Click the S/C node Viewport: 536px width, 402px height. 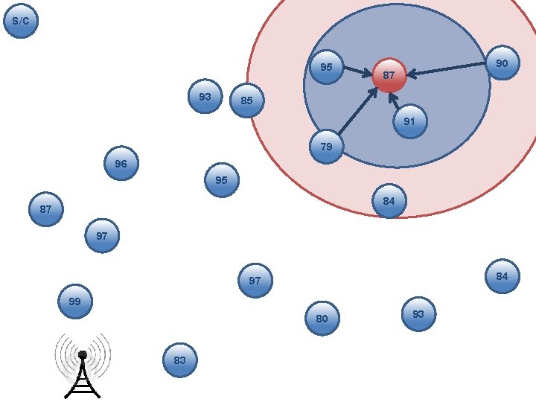tap(21, 21)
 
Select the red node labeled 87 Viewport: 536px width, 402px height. tap(389, 75)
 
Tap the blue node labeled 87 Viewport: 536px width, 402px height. tap(46, 209)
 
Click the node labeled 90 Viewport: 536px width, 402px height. tap(502, 63)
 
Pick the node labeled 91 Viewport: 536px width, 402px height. tap(410, 121)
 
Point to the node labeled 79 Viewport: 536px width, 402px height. tap(327, 147)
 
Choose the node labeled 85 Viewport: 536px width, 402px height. tap(247, 100)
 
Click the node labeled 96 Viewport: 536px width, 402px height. tap(121, 163)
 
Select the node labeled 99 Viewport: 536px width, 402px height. tap(75, 301)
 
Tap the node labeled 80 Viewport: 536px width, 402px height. tap(322, 319)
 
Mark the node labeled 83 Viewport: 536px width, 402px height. tap(180, 360)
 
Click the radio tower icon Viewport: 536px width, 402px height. tap(83, 366)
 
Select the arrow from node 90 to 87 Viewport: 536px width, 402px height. tap(447, 68)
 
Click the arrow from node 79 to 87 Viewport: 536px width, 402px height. tap(357, 111)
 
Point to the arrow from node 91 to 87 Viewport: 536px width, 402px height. tap(395, 100)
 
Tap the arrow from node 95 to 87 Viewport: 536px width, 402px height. tap(358, 71)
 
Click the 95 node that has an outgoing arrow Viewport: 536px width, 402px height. tap(327, 67)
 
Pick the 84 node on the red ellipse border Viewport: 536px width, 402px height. tap(389, 201)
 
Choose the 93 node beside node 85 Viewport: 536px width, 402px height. tap(205, 96)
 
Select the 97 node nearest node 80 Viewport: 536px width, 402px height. tap(255, 281)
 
